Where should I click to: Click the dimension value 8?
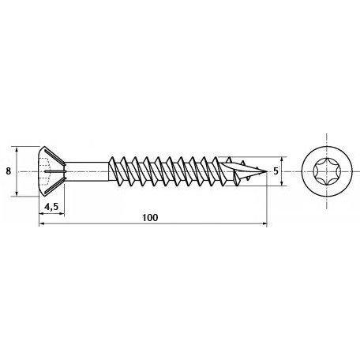[9, 171]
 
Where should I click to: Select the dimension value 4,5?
[51, 207]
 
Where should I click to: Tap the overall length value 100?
[150, 218]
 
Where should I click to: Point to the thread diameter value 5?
[276, 171]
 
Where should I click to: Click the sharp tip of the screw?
[267, 172]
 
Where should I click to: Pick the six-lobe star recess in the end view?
[327, 172]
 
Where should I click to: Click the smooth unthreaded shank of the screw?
[86, 171]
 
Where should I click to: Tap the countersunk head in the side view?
[51, 171]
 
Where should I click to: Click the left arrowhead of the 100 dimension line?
[42, 223]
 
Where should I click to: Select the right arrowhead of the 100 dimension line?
[264, 223]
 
